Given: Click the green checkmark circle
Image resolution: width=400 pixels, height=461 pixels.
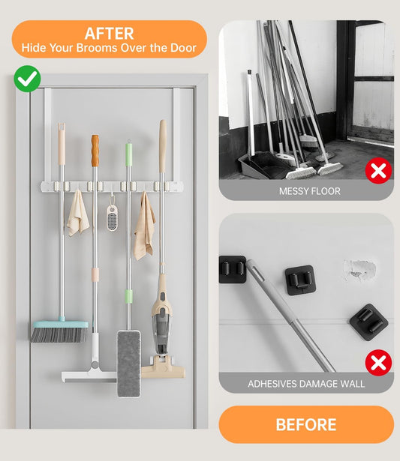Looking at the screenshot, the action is [x=27, y=79].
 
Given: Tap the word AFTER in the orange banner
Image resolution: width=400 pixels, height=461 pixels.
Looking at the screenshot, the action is [x=110, y=34].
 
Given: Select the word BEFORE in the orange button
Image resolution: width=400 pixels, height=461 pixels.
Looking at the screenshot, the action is [x=306, y=424].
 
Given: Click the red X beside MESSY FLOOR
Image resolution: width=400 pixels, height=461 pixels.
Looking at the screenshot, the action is [x=378, y=170].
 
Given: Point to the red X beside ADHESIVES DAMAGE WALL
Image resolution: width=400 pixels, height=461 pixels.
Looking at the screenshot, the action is [x=378, y=363].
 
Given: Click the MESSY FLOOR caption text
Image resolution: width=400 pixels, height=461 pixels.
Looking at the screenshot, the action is [x=310, y=191].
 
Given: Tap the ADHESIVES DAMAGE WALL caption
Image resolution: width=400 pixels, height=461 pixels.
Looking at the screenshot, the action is [x=306, y=384].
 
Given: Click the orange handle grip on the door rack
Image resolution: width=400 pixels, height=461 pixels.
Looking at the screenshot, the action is [x=95, y=151].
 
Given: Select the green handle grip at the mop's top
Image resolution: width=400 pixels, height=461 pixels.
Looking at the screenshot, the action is [x=128, y=154].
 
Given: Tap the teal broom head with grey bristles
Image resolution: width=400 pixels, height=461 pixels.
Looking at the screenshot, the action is [x=59, y=331].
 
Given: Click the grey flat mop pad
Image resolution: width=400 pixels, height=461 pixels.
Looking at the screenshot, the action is [x=129, y=364].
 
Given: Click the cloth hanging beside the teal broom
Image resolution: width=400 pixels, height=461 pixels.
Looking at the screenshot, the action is [x=78, y=214].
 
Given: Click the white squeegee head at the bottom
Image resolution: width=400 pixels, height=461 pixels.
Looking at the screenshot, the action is [x=89, y=376].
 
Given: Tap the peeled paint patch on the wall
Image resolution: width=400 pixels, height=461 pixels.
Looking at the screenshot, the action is [x=359, y=269].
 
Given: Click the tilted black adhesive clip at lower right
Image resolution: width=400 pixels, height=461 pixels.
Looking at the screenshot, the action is [x=368, y=322].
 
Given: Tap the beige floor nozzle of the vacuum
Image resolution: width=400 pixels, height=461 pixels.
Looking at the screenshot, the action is [x=164, y=367].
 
